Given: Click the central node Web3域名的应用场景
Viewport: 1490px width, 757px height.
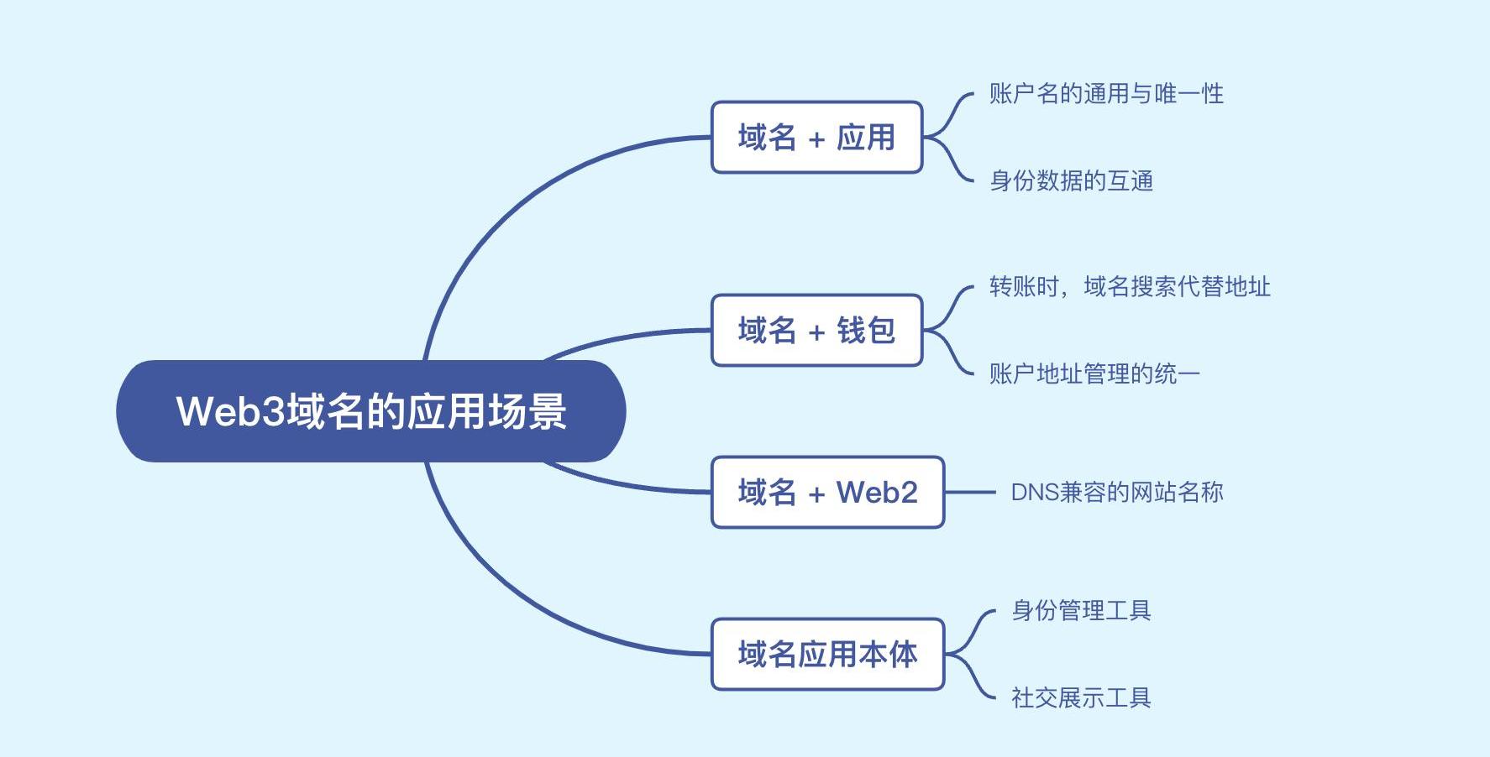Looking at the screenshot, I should (x=370, y=411).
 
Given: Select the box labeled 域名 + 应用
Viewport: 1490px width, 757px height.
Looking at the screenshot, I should (x=816, y=138).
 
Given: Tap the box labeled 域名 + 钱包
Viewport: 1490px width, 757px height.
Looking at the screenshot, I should (x=816, y=331).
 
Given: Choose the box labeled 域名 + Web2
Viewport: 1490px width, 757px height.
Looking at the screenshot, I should (x=827, y=493).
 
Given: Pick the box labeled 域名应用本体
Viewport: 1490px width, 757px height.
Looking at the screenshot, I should (x=827, y=655).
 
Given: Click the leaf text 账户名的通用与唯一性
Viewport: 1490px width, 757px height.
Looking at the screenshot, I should (x=1105, y=94).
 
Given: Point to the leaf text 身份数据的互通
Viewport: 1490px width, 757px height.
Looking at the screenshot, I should (x=1071, y=181).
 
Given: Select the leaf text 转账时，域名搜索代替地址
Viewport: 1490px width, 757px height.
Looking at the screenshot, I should (x=1129, y=287).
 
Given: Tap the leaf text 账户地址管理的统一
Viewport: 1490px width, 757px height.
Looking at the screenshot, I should (x=1094, y=373).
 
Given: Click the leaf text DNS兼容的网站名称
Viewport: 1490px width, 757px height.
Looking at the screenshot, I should (x=1116, y=493).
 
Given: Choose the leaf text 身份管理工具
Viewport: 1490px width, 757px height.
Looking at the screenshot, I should (x=1080, y=611).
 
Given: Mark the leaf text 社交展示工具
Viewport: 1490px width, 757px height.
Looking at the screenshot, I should (x=1080, y=697).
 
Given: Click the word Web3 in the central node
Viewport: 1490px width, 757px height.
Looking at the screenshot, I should (x=230, y=411).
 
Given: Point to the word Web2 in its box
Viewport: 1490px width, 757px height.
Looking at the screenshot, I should (x=877, y=493).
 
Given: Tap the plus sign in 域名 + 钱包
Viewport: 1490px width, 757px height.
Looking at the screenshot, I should (x=816, y=333).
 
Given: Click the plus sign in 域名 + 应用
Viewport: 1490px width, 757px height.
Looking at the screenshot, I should (x=816, y=140).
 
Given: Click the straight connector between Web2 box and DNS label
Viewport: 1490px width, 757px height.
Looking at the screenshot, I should (x=970, y=493).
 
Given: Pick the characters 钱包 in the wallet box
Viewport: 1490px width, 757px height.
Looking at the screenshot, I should (x=866, y=331).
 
